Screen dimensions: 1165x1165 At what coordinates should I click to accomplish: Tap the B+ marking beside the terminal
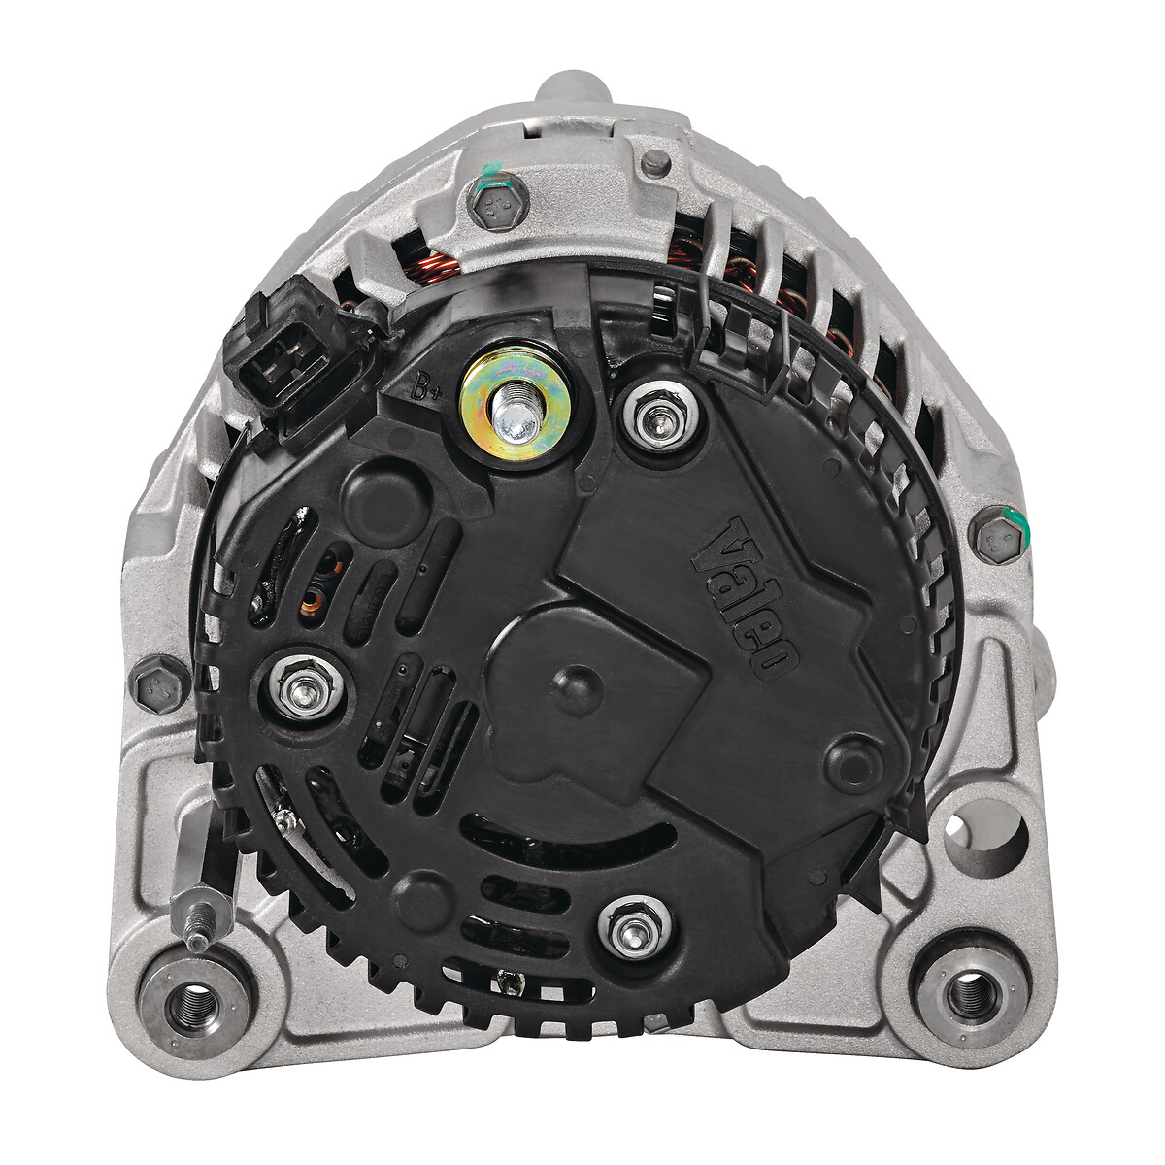coord(426,388)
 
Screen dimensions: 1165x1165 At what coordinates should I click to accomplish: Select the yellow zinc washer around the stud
coord(515,404)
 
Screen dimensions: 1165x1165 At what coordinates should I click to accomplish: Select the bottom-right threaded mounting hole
coord(971,996)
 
